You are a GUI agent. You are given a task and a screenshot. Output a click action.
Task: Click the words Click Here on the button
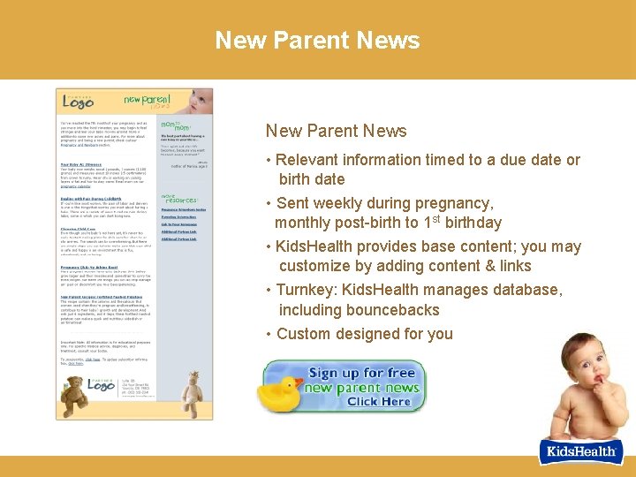(x=379, y=402)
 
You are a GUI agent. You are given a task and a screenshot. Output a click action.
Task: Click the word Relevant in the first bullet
(x=308, y=160)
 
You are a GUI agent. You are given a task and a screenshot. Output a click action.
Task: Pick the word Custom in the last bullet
(x=301, y=334)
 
